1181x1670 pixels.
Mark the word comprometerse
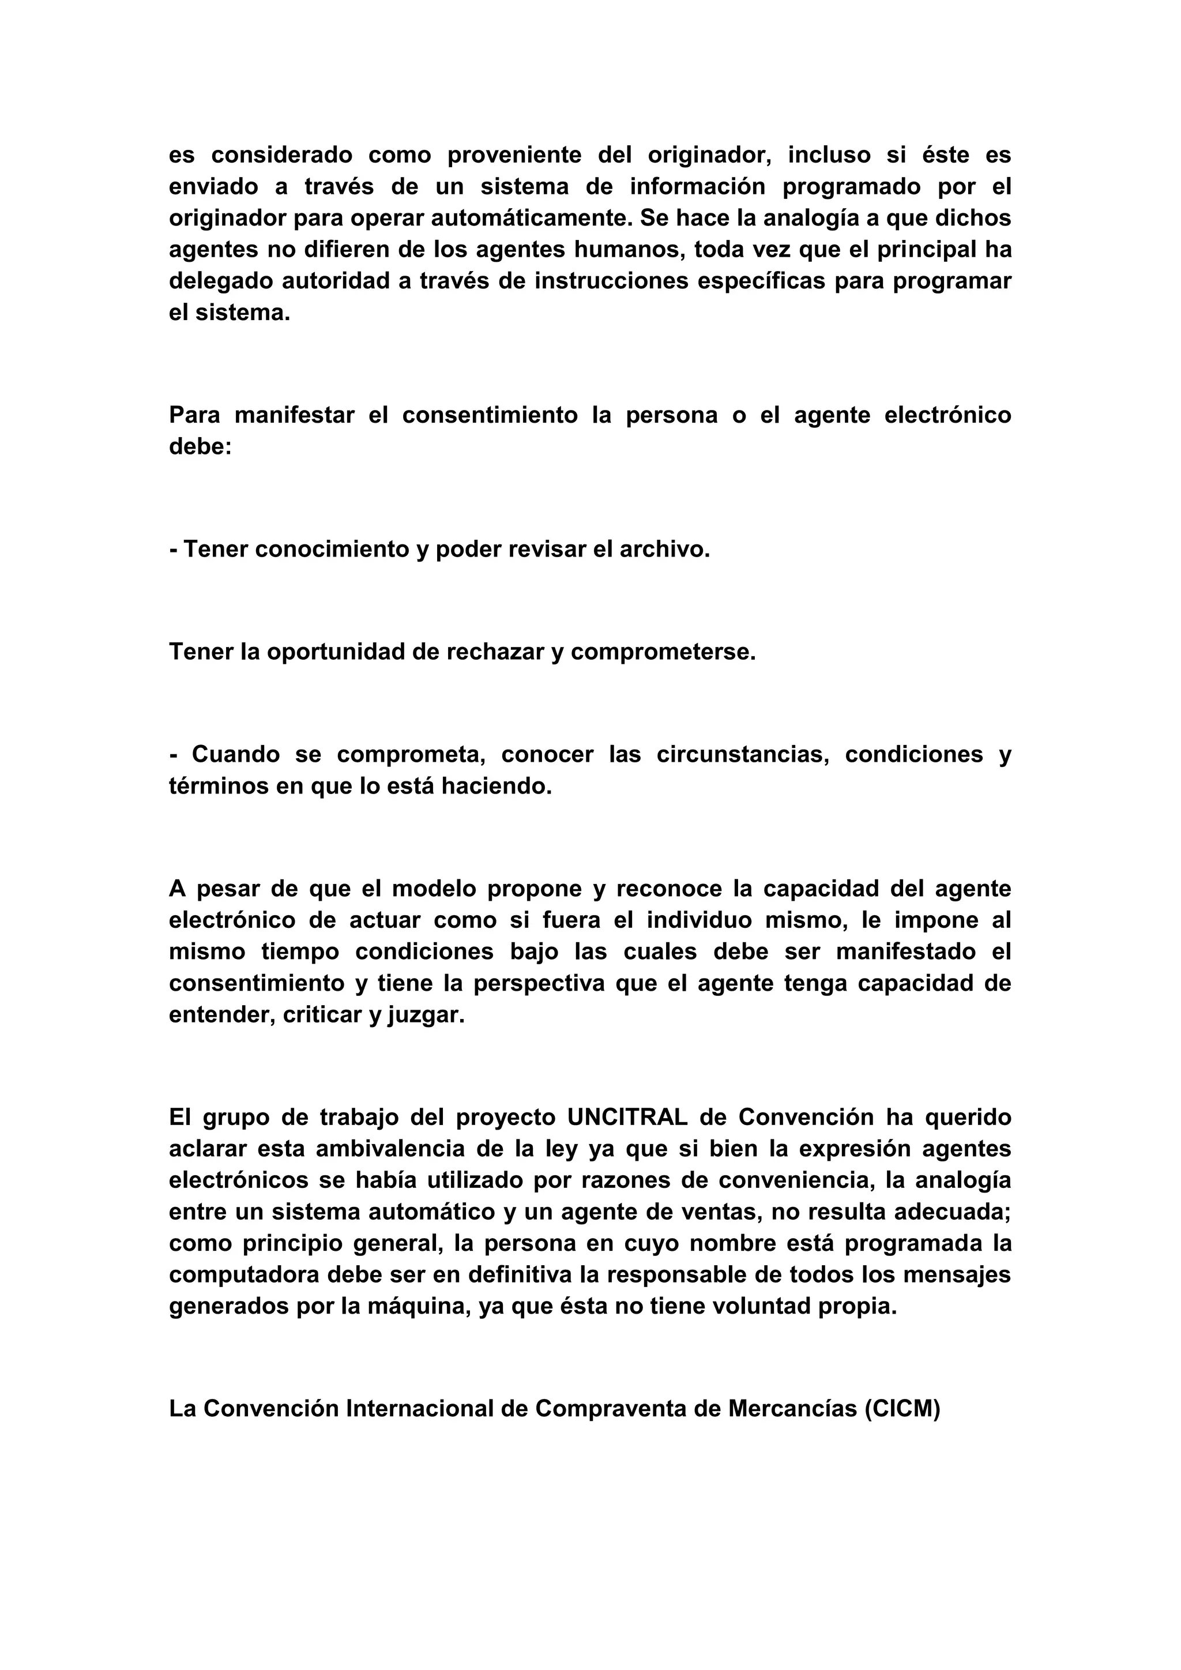tap(663, 652)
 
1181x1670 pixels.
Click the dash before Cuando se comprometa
tap(173, 754)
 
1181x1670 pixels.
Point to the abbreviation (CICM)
tap(902, 1409)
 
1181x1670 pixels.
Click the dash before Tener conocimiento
tap(173, 549)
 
